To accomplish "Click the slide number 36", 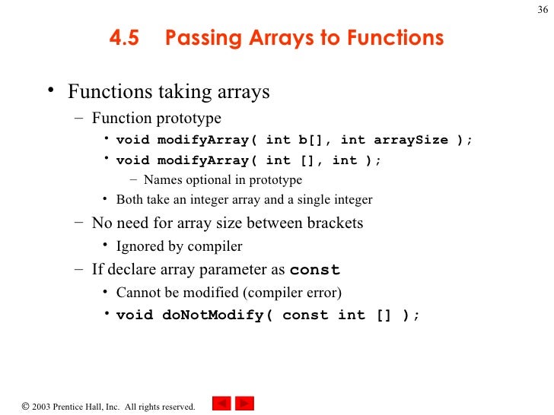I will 541,9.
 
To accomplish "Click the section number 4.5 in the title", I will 124,38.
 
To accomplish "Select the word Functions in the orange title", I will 394,38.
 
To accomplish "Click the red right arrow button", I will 244,404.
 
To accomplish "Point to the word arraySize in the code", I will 411,140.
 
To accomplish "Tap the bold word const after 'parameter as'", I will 315,270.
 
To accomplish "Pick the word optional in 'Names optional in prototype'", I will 205,180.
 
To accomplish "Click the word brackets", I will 330,223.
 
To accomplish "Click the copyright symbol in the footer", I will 26,407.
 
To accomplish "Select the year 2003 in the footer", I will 43,407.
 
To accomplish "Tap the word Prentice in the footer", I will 73,407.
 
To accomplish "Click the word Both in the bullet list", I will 129,200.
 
